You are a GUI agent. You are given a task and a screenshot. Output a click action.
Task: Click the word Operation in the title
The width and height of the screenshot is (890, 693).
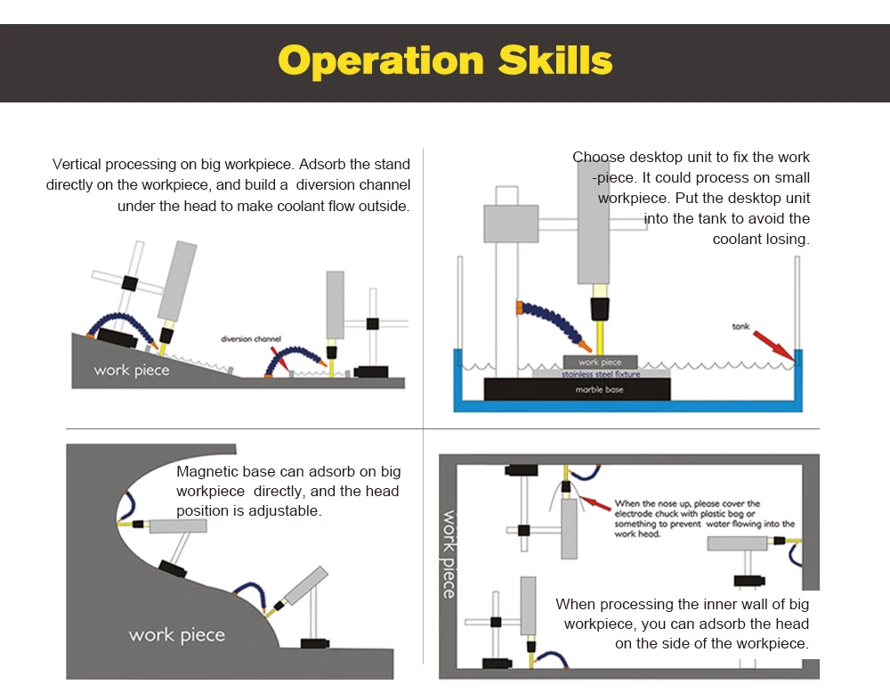[381, 61]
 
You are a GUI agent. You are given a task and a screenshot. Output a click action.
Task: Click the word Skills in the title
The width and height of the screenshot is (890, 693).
[555, 60]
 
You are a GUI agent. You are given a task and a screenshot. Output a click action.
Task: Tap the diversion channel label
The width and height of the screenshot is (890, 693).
[251, 339]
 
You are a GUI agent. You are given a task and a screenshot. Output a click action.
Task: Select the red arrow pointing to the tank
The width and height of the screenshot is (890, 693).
[774, 346]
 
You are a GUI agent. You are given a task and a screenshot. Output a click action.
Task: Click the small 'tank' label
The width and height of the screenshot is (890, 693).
[740, 327]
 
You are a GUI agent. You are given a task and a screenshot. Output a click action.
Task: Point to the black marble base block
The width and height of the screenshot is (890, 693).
[578, 389]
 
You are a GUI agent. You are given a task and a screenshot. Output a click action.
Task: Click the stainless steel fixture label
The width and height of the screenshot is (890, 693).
[601, 374]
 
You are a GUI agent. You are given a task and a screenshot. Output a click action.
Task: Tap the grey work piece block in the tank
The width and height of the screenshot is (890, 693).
[600, 362]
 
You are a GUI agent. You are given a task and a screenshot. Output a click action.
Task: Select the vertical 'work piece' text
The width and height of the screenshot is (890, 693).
[449, 554]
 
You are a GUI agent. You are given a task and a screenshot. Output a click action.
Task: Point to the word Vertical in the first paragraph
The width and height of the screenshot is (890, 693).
[77, 164]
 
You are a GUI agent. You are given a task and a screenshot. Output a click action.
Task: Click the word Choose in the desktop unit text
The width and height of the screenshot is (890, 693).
[598, 157]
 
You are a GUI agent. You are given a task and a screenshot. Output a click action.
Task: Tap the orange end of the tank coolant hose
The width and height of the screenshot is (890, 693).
[520, 308]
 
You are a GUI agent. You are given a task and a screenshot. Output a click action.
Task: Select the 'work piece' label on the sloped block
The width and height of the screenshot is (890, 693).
[132, 371]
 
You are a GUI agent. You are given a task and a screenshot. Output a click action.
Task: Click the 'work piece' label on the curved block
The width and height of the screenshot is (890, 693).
[176, 635]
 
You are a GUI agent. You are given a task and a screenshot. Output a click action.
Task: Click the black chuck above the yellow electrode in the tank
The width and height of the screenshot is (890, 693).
[600, 309]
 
